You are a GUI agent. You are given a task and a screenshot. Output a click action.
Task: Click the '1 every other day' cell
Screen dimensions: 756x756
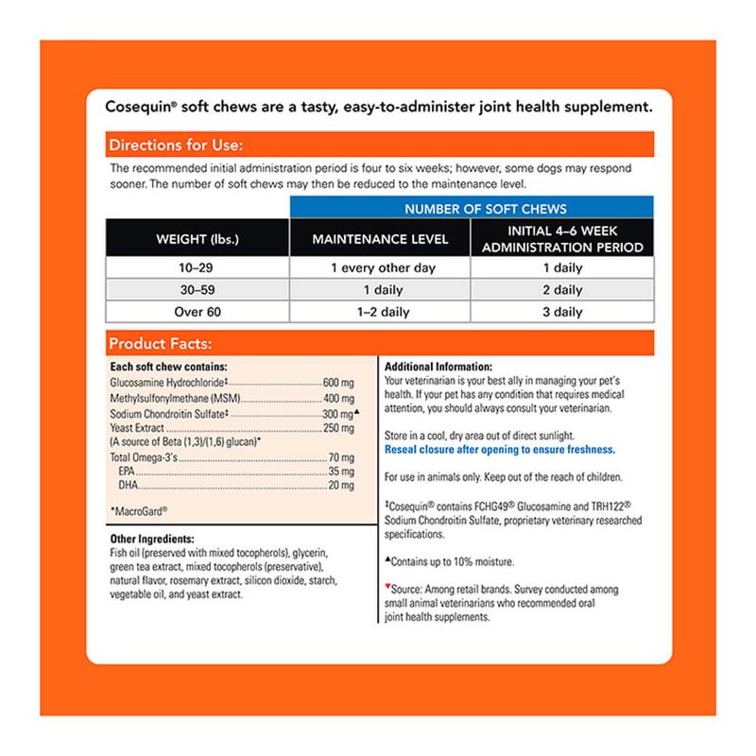pyautogui.click(x=380, y=268)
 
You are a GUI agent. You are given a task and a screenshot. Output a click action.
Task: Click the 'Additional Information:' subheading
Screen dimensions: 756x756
pyautogui.click(x=441, y=366)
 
